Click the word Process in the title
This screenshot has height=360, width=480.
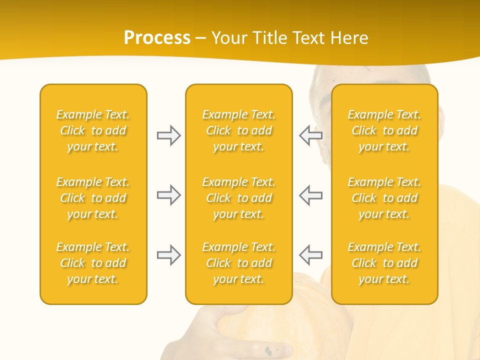click(157, 38)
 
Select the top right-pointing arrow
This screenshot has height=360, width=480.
click(168, 135)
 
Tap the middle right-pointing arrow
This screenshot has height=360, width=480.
click(168, 195)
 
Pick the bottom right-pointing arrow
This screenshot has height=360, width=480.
click(168, 255)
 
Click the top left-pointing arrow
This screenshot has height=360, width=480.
click(310, 135)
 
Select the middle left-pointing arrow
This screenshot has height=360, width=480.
click(310, 195)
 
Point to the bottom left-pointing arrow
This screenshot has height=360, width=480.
click(310, 255)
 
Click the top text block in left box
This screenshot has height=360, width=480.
click(93, 130)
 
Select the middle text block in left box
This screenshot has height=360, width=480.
click(93, 198)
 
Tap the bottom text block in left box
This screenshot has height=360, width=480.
click(93, 263)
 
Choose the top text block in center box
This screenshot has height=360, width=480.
click(238, 130)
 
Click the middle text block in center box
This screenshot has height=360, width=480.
click(238, 198)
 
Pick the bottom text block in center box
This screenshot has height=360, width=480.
click(238, 263)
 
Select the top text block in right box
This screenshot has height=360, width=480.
click(384, 130)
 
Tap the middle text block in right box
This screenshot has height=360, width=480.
click(384, 198)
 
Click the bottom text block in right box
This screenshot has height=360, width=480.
click(384, 263)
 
